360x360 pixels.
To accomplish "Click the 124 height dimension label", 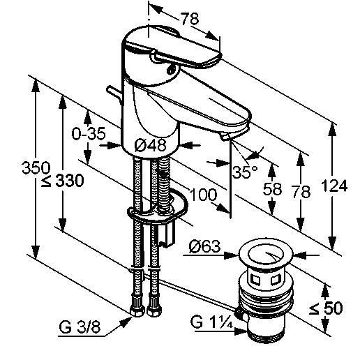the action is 334,186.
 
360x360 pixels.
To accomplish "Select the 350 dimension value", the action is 36,167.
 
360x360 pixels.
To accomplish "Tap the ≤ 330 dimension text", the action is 62,181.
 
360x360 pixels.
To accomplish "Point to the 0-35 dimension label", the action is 89,133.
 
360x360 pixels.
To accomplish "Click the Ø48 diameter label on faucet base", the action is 151,146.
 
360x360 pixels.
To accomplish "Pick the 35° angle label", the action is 245,172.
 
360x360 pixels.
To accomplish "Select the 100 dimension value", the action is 203,195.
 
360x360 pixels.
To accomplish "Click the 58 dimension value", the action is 272,189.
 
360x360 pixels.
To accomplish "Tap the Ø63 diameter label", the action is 204,246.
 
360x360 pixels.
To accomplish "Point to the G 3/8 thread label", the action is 80,327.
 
